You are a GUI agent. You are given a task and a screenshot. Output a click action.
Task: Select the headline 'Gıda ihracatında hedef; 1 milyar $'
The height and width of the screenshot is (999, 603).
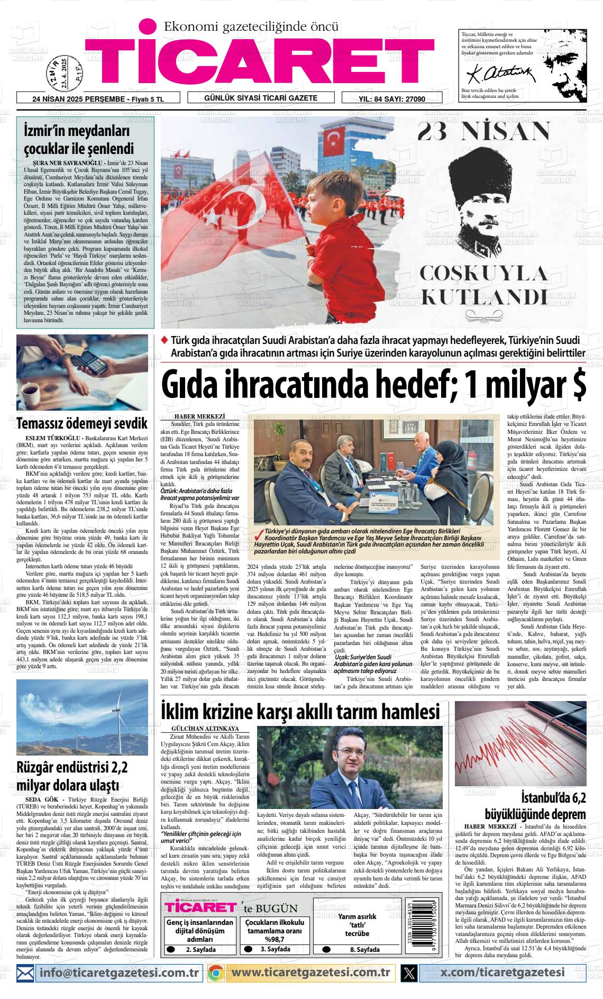tap(373, 387)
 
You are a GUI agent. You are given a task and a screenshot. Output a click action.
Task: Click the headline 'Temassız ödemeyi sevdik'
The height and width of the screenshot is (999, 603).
tap(81, 424)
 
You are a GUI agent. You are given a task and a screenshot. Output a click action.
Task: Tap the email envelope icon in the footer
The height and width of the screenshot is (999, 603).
tap(25, 973)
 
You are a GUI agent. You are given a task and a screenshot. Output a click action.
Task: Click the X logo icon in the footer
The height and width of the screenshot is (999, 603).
tap(409, 973)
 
